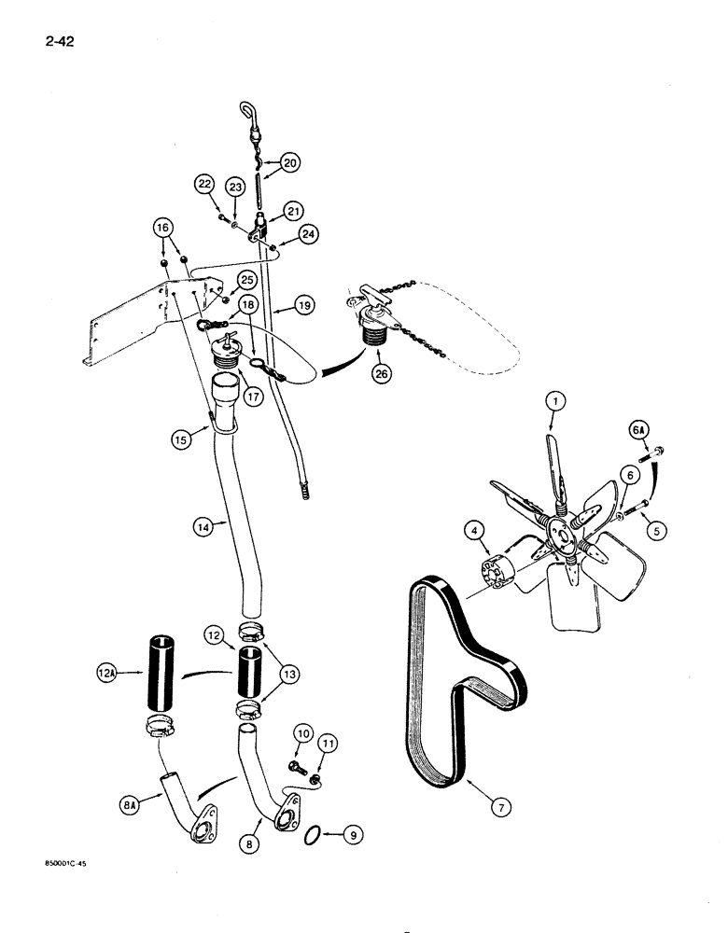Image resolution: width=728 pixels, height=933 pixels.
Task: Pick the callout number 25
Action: (245, 280)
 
